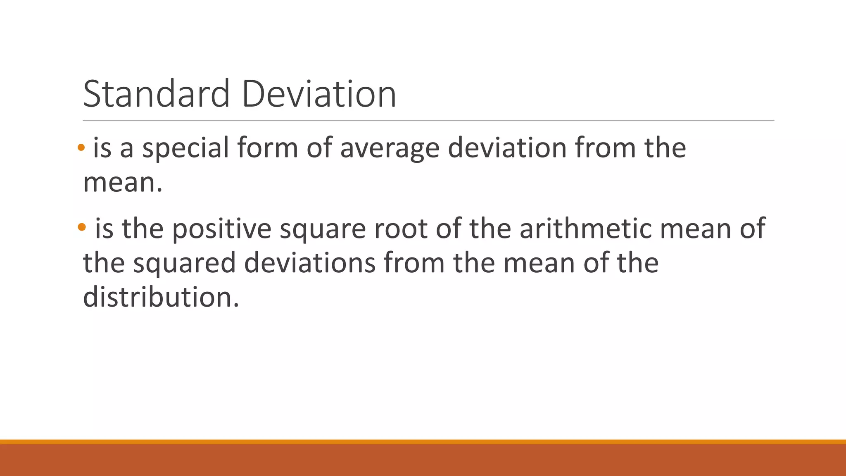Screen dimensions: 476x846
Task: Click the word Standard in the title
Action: coord(156,94)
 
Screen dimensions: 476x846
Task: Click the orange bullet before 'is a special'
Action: coord(81,148)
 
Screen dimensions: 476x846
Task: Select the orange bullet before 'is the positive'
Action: coord(81,226)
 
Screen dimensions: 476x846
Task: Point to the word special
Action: coord(185,148)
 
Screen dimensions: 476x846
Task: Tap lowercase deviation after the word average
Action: coord(507,148)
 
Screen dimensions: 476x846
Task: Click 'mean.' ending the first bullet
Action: coord(123,183)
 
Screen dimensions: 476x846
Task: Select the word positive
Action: coord(221,229)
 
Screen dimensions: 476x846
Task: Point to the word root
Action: coord(400,228)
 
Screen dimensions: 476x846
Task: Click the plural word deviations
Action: coord(310,263)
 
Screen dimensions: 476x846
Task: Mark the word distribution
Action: coord(161,297)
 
